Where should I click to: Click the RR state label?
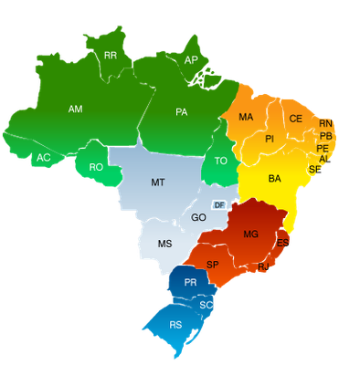point(111,56)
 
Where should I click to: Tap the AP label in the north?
point(191,60)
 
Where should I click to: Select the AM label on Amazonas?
point(76,109)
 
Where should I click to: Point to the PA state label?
point(182,112)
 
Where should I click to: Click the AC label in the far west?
point(43,158)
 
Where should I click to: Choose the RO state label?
point(96,167)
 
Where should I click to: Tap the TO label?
point(220,161)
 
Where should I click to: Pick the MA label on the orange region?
point(246,118)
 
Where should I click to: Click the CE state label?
point(295,119)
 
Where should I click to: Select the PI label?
point(270,139)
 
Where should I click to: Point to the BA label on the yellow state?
point(274,179)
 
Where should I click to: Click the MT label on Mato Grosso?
point(158,182)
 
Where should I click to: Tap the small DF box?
point(219,205)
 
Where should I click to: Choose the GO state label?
point(198,218)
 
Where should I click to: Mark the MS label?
point(164,244)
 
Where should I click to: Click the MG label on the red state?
point(250,235)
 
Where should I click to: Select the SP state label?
point(213,265)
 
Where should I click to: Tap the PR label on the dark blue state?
point(190,283)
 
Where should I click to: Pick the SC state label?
point(206,304)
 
